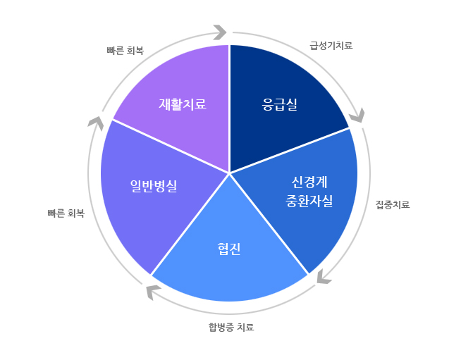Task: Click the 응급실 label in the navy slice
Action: [x=280, y=104]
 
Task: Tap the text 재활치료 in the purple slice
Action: [x=183, y=104]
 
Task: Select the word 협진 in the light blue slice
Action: [x=229, y=249]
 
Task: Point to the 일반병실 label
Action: [x=154, y=186]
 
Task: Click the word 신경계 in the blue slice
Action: [x=309, y=182]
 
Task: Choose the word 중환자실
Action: [x=309, y=201]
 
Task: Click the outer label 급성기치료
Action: [x=331, y=46]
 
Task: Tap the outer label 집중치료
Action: [x=393, y=204]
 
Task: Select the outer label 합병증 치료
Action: [x=231, y=327]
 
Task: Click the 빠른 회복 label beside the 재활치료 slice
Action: [x=125, y=51]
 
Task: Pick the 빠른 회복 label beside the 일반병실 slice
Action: [x=66, y=213]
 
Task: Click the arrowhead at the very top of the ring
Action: [x=220, y=32]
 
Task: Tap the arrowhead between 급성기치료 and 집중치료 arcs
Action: [x=357, y=116]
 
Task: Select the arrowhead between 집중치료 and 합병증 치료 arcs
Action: [x=324, y=277]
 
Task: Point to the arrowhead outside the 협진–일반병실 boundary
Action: [x=153, y=292]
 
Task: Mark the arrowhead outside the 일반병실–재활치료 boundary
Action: [x=96, y=123]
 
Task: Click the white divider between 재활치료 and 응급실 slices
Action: [x=229, y=108]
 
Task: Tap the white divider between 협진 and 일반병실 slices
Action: [x=190, y=224]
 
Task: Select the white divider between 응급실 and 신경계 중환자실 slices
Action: [x=290, y=151]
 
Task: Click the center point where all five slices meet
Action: [x=229, y=173]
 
